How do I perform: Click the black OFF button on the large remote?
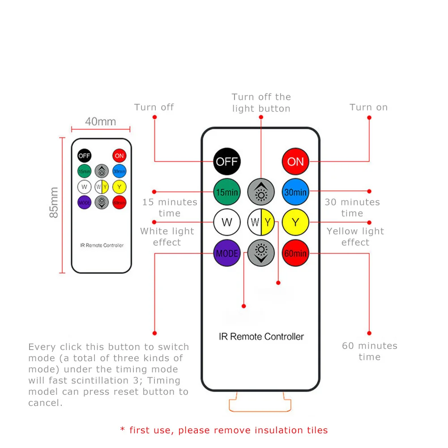tap(227, 162)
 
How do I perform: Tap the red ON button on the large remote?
tap(295, 162)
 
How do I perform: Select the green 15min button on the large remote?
tap(227, 192)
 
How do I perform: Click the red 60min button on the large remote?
tap(295, 253)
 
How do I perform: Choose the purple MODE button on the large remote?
tap(227, 253)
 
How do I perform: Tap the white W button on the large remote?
tap(227, 222)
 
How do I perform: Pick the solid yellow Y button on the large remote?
tap(295, 222)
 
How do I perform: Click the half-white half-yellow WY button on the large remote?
tap(261, 222)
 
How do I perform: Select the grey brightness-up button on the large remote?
tap(261, 192)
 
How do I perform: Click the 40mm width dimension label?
tap(101, 122)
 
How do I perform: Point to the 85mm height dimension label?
tap(54, 203)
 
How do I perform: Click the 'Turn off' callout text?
tap(154, 107)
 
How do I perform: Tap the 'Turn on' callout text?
tap(369, 107)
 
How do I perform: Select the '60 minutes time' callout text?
tap(370, 351)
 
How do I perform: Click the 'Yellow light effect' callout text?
tap(355, 237)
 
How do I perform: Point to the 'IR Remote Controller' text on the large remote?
tap(261, 337)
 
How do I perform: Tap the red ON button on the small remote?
tap(119, 156)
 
